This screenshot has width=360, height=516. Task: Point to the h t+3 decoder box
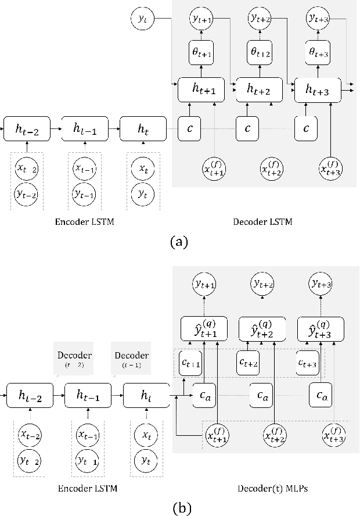click(x=318, y=89)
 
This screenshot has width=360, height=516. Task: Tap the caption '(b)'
click(x=179, y=508)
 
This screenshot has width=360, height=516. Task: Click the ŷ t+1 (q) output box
click(x=204, y=329)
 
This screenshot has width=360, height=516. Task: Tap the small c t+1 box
click(x=191, y=363)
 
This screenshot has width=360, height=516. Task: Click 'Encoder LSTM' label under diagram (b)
click(x=89, y=489)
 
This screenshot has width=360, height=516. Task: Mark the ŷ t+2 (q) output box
click(x=262, y=329)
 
